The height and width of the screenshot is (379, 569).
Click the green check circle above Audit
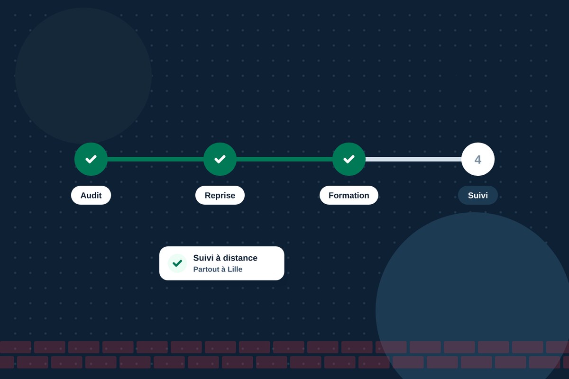pos(91,159)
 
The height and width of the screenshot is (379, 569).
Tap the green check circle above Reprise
pos(220,159)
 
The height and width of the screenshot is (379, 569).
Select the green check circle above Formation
pos(349,159)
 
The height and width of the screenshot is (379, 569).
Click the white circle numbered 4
pos(478,159)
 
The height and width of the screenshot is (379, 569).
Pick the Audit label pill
pos(91,195)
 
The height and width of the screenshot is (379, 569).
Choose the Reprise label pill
pos(220,195)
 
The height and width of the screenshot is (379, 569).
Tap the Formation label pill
pos(349,195)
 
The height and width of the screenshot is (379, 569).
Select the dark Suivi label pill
pos(478,195)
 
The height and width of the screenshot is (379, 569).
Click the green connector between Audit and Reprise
pos(156,159)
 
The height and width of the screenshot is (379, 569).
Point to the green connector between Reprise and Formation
pos(284,159)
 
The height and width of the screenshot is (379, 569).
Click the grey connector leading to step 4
pos(413,159)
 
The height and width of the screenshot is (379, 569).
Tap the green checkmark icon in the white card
pos(177,263)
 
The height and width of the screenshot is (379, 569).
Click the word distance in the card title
pos(240,258)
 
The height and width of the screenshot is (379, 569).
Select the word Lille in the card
pos(235,269)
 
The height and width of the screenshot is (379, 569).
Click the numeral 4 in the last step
pos(478,160)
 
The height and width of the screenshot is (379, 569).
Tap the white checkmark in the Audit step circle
pos(91,159)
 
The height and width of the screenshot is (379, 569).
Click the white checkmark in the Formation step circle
pos(349,159)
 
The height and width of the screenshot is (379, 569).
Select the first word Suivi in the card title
pos(203,258)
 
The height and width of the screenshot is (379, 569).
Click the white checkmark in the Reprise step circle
pos(220,159)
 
